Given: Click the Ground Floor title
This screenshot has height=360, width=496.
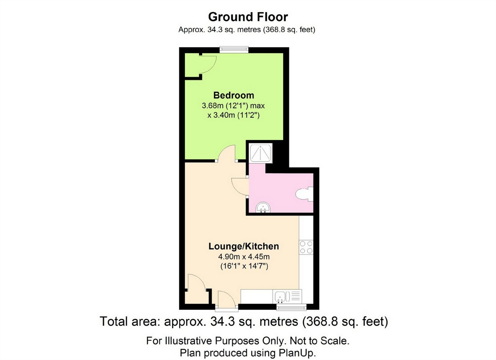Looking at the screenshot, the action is pos(248,17).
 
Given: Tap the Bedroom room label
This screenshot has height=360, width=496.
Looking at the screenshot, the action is pos(234,96).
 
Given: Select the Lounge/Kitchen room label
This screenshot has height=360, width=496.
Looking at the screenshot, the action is pos(244,246).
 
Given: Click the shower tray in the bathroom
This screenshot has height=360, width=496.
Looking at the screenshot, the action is pos(260,154).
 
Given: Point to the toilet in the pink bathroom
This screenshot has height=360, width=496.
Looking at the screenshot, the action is pos(305,194).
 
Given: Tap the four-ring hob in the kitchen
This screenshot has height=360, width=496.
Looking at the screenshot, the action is pos(306,247).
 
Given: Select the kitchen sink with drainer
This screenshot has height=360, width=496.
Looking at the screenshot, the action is pos(287,296).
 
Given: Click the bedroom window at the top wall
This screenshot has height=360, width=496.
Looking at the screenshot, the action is pos(234,50).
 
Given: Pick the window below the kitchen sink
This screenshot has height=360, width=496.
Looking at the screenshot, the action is pos(291,307).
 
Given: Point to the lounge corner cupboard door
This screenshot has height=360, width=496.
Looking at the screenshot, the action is pos(197,281).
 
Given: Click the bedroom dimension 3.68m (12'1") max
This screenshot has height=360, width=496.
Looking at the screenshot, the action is pos(233,105).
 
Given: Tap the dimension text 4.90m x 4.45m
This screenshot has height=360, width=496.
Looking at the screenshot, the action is pos(244,257).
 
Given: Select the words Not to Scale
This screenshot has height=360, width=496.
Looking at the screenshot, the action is pos(320,341).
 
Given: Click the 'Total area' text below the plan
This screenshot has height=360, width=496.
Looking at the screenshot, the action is pos(244,322).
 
